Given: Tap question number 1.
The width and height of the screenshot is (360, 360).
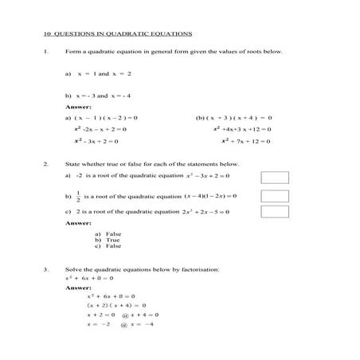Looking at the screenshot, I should (46, 52).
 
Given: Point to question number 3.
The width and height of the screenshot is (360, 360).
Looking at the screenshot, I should (46, 269).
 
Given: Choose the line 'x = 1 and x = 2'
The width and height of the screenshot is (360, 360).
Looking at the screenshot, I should (104, 73).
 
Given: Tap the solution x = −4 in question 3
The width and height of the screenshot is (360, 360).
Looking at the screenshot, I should (137, 325).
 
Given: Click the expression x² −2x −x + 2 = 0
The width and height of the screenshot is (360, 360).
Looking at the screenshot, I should (100, 129).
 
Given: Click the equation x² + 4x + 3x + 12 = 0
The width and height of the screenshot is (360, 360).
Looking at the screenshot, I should (243, 129).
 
